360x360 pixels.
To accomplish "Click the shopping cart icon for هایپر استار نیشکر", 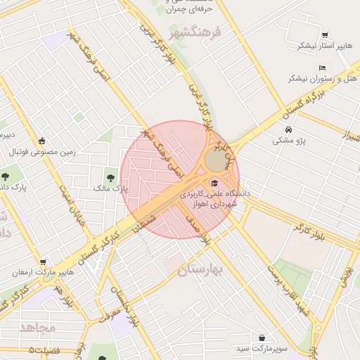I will tap(325, 35).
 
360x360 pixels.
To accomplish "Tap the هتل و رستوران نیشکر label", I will tap(321, 79).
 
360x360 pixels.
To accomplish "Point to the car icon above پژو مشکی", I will tap(289, 129).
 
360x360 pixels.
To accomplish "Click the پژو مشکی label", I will tap(289, 141).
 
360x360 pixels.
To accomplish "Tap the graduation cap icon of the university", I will tap(214, 184).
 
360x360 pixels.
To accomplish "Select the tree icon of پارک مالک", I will tap(110, 176).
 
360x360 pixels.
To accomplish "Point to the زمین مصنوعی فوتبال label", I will tap(43, 152).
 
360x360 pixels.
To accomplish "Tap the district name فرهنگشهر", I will tap(195, 32).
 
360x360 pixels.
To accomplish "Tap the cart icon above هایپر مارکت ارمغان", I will tap(43, 262).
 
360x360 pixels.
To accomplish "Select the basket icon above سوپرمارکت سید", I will tap(262, 337).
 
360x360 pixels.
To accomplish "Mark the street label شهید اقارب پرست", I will tap(288, 289).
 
